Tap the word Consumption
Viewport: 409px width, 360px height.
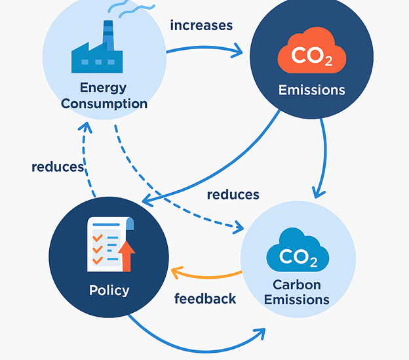[105, 104]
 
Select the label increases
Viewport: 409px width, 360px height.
[201, 26]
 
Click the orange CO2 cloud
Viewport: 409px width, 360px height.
[311, 54]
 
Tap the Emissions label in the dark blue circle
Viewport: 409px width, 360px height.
[311, 90]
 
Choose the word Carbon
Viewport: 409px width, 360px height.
[298, 285]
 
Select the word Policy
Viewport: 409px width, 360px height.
[109, 290]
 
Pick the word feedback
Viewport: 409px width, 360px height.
[205, 299]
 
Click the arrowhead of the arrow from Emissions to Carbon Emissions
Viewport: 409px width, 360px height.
[319, 191]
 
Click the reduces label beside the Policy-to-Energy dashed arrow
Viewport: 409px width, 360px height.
[58, 167]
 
